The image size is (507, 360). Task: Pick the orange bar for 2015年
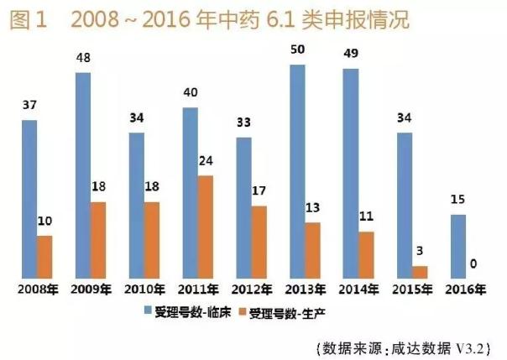coord(420,271)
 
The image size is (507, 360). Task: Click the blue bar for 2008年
coord(30,198)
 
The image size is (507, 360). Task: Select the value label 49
coord(350,55)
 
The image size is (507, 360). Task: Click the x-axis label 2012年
coord(250,290)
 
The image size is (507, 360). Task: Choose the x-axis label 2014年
coord(357,290)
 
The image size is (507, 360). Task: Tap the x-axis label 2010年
coord(144,290)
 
